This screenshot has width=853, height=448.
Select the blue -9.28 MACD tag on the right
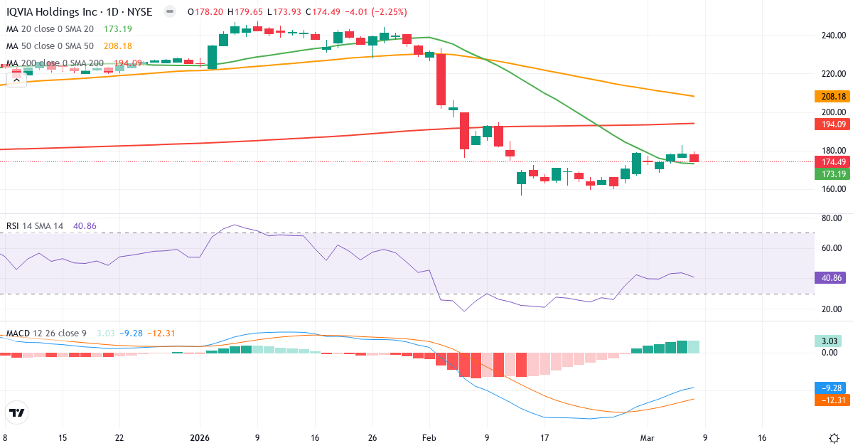[x=831, y=388]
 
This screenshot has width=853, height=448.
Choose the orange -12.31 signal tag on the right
[x=831, y=400]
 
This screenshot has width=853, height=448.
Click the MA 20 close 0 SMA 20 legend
[x=50, y=29]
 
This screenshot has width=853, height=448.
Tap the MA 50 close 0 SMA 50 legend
[x=50, y=46]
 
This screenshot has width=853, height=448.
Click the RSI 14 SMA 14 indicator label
[x=35, y=226]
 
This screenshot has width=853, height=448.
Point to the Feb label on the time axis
[x=429, y=438]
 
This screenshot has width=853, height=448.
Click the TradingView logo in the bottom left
[x=17, y=412]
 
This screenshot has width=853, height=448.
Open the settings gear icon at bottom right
[x=835, y=438]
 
